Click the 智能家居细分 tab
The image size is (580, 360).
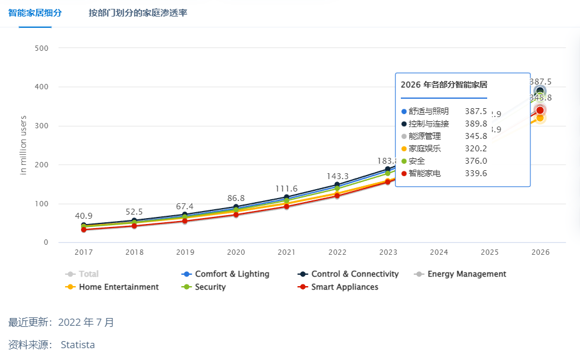35,12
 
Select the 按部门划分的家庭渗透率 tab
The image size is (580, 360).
138,12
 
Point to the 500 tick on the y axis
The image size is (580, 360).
41,48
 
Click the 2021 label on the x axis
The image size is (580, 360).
287,252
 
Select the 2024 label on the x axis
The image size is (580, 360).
439,252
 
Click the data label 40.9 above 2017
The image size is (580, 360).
83,216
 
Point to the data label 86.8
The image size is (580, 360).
236,198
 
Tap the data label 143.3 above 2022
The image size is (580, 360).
338,176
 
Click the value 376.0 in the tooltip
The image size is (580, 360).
476,161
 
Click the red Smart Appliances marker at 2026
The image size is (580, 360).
540,110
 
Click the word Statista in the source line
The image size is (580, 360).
77,345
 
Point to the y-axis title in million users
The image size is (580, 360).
24,145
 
